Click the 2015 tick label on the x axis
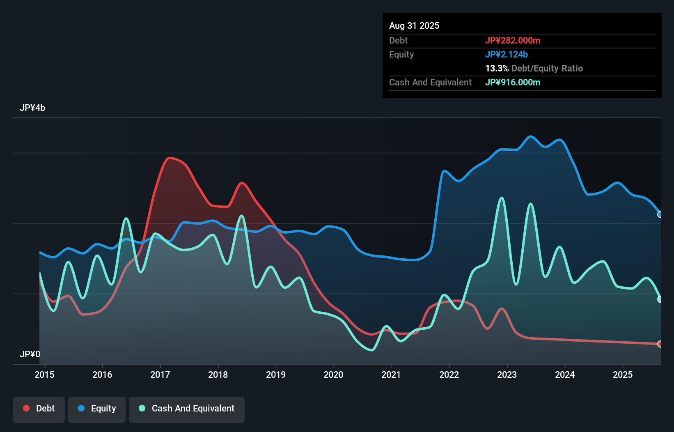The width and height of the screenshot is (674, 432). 44,375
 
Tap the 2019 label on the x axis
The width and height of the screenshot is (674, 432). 275,375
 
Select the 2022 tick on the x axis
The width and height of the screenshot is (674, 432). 449,375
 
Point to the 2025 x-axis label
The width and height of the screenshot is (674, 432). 622,375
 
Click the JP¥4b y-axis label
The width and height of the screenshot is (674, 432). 32,108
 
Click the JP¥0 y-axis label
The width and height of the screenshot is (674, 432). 30,354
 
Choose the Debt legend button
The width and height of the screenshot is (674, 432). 39,409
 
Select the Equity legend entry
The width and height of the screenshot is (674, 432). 97,409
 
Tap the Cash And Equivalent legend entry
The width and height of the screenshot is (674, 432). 187,409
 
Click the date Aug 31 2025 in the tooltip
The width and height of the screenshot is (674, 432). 414,25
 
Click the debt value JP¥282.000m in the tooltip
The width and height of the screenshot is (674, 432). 512,40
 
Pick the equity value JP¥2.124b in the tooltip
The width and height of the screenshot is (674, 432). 506,54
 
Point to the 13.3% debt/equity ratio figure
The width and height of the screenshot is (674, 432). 497,68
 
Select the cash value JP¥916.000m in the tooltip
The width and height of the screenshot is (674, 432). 512,82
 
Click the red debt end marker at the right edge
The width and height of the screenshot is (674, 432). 660,344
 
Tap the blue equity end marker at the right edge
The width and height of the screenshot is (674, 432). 660,214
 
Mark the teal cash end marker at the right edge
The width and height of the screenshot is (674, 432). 660,299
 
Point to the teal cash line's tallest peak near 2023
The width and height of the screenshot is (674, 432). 502,198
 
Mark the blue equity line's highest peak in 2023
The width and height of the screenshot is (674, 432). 530,136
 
